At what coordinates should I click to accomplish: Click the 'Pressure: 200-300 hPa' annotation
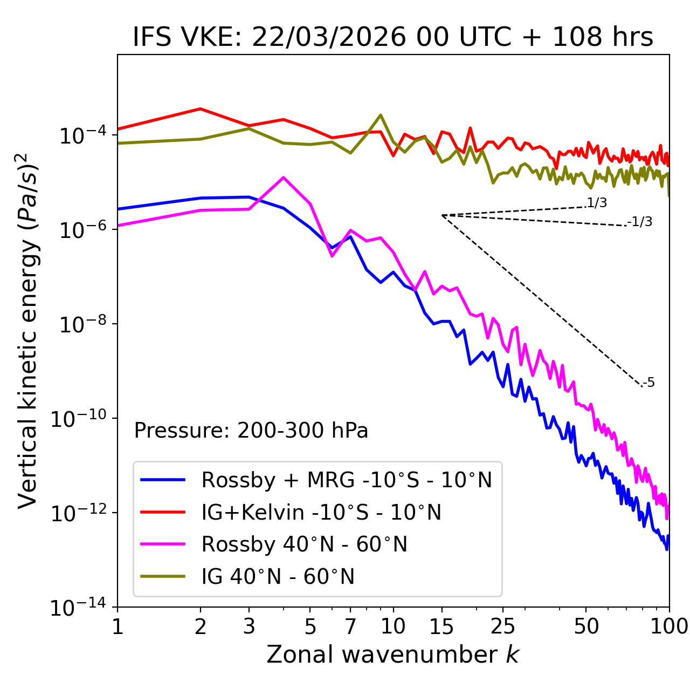251,431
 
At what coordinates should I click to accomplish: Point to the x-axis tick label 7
350,626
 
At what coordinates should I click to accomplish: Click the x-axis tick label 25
502,626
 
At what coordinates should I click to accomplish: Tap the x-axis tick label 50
586,626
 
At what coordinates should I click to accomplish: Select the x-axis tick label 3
249,626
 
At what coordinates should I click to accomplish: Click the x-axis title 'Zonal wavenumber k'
392,655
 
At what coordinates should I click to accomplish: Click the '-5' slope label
649,383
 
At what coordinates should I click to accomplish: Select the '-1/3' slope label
640,221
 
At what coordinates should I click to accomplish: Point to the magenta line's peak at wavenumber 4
284,177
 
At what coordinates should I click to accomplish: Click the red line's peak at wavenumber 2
201,108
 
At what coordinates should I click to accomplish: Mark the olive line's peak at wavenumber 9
381,114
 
